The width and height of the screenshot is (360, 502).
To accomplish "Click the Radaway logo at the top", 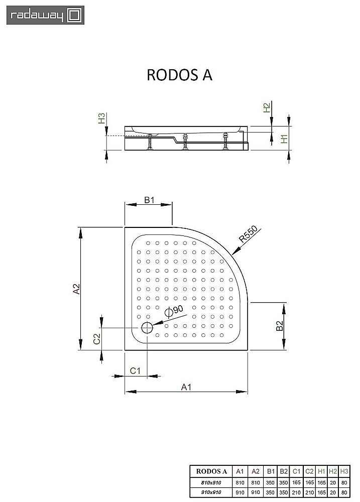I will pos(45,15).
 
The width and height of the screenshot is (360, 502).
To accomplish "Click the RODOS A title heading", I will pos(179,74).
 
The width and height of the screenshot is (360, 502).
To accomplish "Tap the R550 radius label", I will pos(248,235).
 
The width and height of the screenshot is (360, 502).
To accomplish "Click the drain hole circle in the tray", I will pos(147,328).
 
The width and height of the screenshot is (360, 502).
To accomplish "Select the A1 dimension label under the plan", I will pos(186,386).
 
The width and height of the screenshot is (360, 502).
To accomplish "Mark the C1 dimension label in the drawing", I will pos(135,370).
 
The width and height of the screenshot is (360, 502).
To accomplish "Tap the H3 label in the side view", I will pos(102,119).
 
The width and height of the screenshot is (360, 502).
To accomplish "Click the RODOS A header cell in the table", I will pos(211,471).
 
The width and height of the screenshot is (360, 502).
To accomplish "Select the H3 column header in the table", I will pos(344,471).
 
